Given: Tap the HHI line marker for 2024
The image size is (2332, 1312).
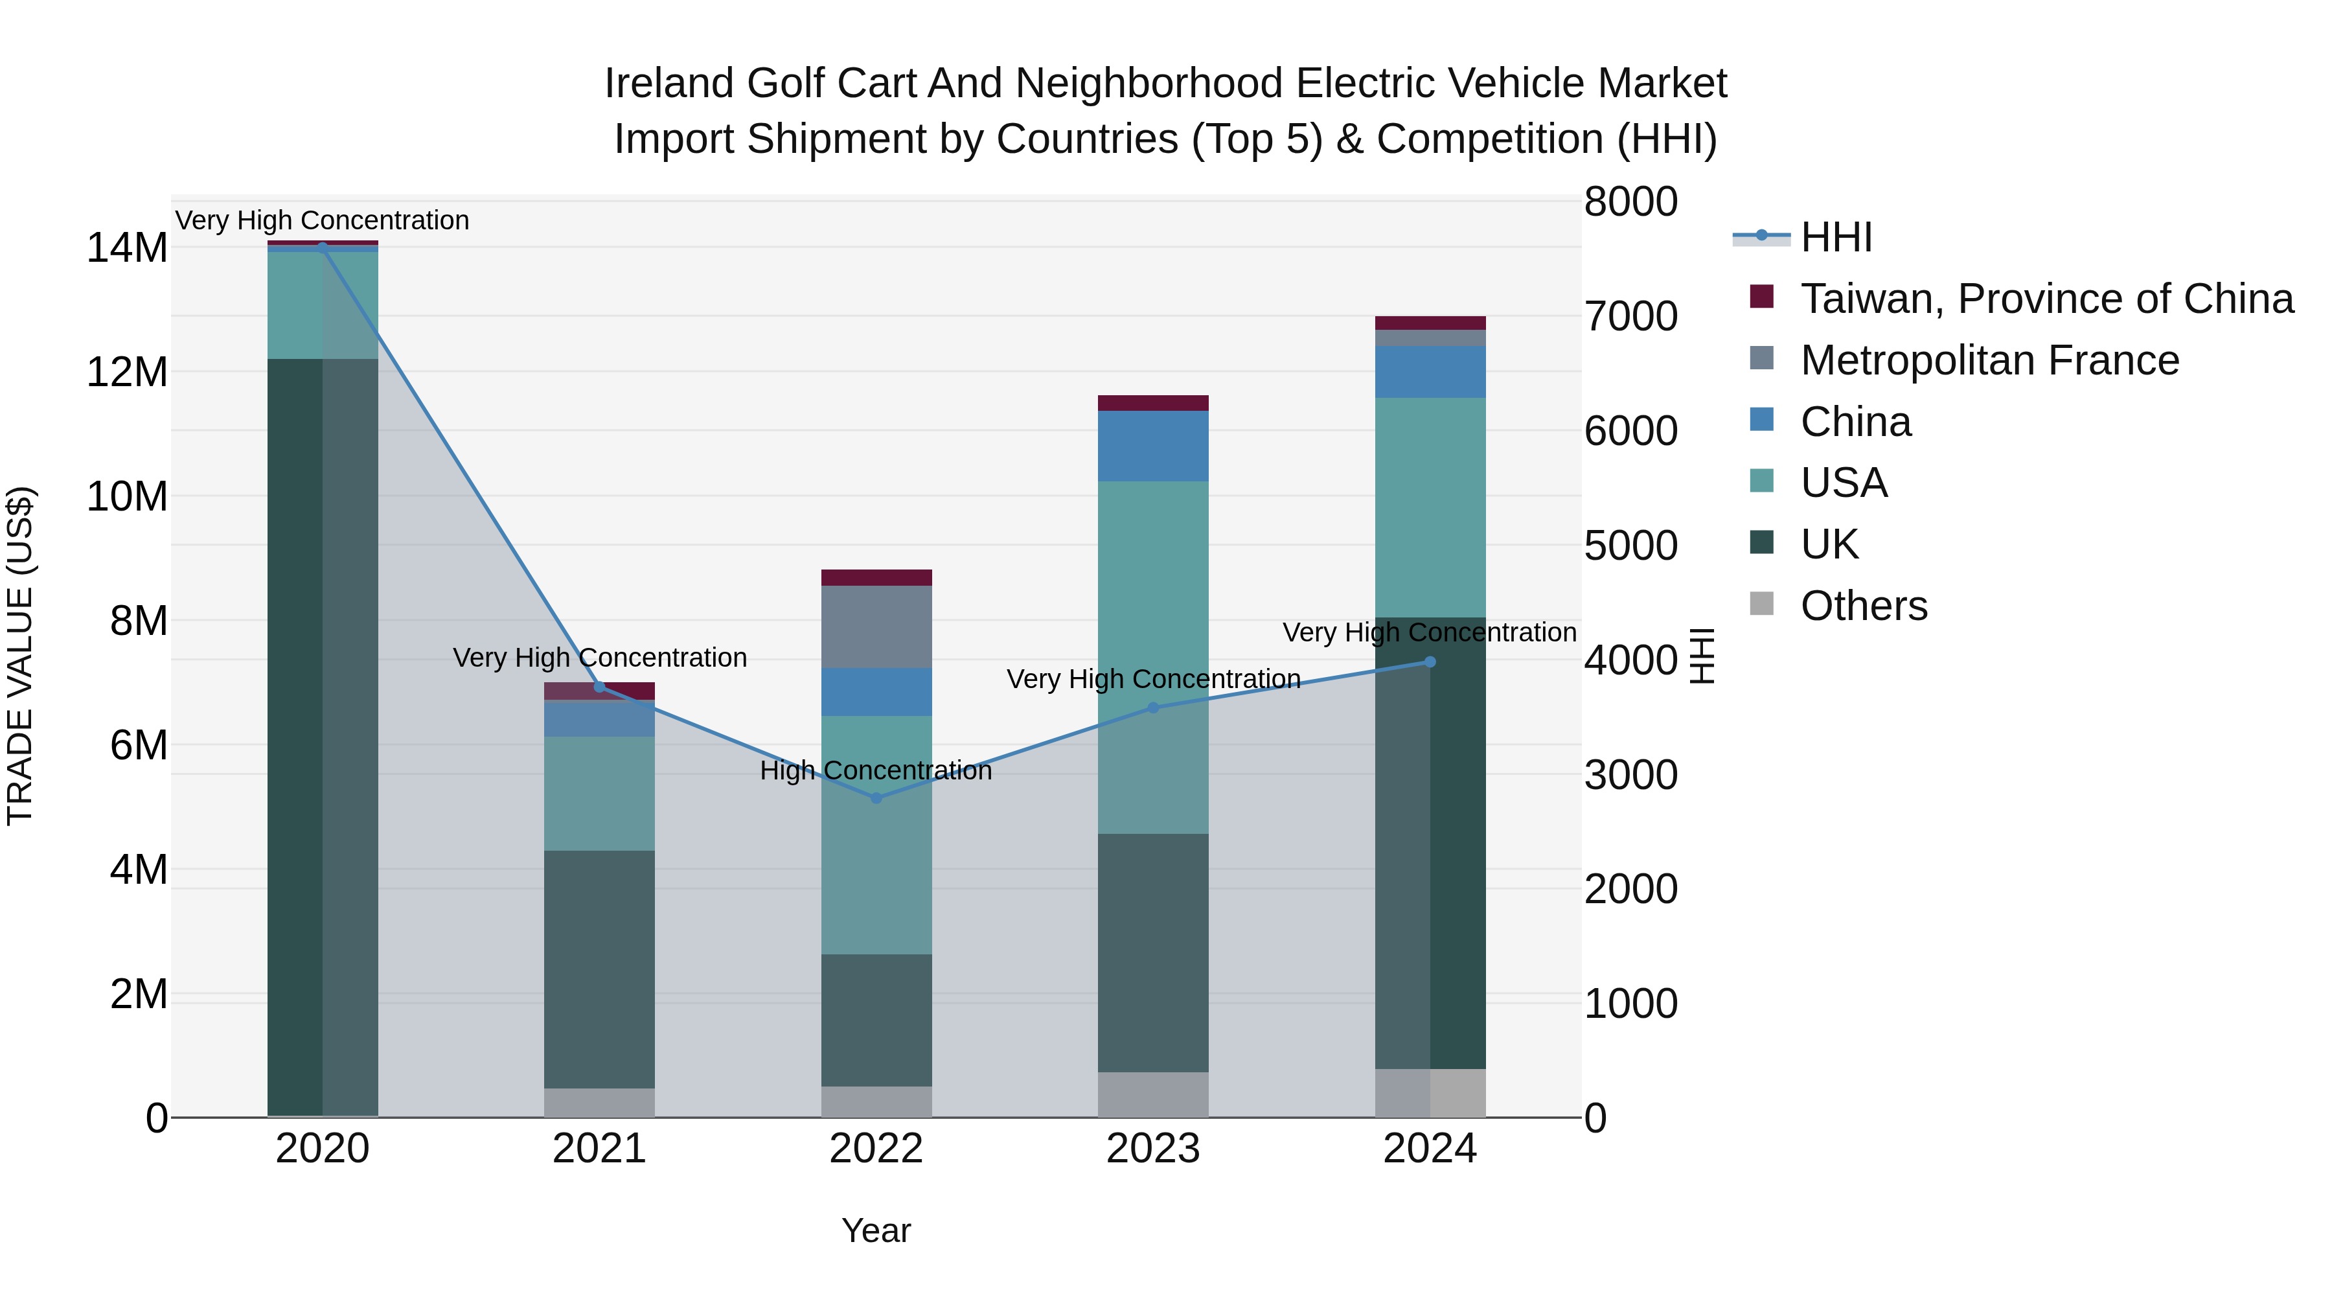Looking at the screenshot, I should point(1430,662).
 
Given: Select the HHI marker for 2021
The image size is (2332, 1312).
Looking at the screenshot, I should point(599,687).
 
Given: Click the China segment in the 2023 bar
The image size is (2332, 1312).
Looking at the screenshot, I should point(1152,446).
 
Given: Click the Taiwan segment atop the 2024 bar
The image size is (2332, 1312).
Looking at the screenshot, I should point(1430,323).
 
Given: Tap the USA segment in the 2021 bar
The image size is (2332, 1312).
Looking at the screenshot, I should point(599,793).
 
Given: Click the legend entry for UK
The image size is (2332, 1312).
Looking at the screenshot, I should point(1829,544).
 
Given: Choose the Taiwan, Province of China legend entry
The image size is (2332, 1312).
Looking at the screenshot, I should point(2046,299).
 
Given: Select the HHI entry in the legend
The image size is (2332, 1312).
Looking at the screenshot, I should point(1835,237).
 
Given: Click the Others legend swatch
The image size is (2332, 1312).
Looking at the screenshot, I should point(1762,604).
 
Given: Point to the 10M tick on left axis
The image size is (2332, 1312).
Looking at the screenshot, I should point(127,497).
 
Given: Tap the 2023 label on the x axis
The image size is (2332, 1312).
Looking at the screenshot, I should point(1152,1149).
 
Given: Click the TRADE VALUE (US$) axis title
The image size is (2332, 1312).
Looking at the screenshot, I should point(20,656).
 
